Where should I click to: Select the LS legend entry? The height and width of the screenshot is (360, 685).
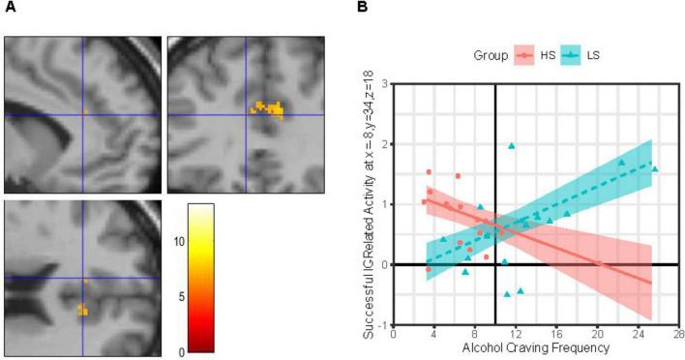[x=581, y=55]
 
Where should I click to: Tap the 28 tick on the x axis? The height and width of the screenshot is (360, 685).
[x=673, y=334]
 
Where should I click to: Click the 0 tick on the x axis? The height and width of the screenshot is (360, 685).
[x=394, y=334]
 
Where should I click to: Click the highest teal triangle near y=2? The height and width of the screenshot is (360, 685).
[x=511, y=146]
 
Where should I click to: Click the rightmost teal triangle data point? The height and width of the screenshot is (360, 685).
[x=655, y=168]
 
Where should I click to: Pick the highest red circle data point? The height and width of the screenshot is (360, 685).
[x=429, y=172]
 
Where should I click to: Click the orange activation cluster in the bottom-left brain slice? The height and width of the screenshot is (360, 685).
[x=82, y=311]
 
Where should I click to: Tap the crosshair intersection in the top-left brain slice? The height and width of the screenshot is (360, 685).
[x=82, y=114]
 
